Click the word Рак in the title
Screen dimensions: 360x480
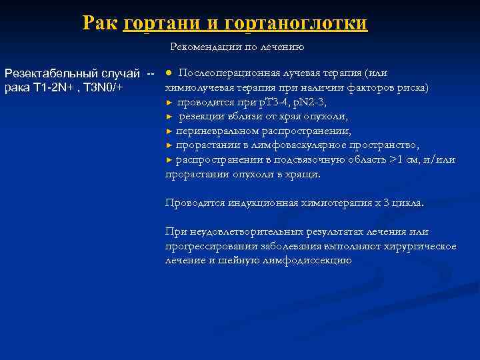click(x=101, y=23)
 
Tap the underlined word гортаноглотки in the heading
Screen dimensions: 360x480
click(x=296, y=23)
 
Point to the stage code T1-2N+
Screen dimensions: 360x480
click(x=53, y=87)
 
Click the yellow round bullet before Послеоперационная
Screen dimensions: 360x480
click(x=169, y=72)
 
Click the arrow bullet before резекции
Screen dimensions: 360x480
click(x=169, y=117)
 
